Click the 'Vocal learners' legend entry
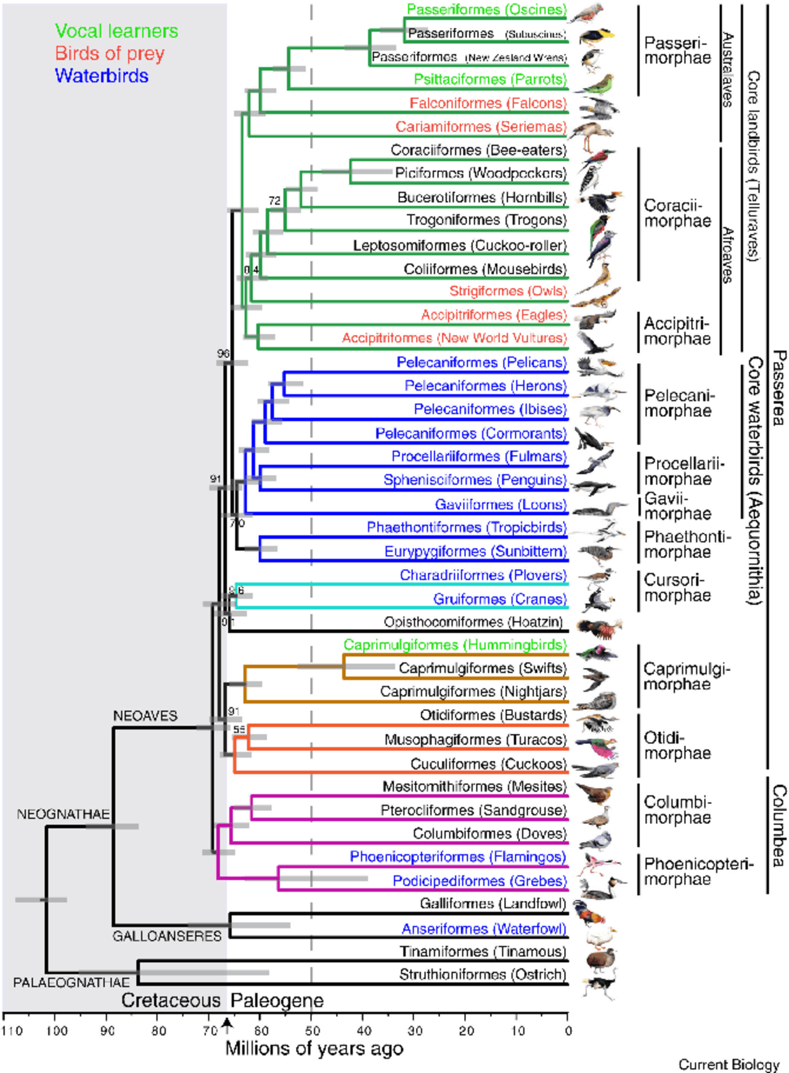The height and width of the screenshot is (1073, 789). [x=117, y=31]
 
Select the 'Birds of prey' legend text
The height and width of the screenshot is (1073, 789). [x=110, y=54]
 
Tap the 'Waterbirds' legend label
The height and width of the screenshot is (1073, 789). [x=102, y=76]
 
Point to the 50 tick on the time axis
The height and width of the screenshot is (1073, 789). [x=313, y=1030]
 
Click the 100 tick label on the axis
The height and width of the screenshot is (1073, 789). [x=57, y=1030]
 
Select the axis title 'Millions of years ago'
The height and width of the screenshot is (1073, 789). [x=314, y=1048]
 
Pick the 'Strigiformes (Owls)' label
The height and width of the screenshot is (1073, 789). [x=508, y=291]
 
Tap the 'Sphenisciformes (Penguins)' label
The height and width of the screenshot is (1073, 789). [x=475, y=480]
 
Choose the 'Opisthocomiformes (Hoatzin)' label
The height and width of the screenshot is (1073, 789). [x=473, y=622]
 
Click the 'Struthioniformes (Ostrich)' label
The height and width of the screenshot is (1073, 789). [x=483, y=974]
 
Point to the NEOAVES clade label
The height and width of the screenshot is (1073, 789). [x=145, y=716]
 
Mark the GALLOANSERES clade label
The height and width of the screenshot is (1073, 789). [x=166, y=936]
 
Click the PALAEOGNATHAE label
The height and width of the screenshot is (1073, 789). [x=72, y=982]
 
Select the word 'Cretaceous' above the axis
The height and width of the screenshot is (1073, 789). [x=171, y=1000]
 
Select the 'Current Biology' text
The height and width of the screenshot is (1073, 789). [x=729, y=1064]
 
